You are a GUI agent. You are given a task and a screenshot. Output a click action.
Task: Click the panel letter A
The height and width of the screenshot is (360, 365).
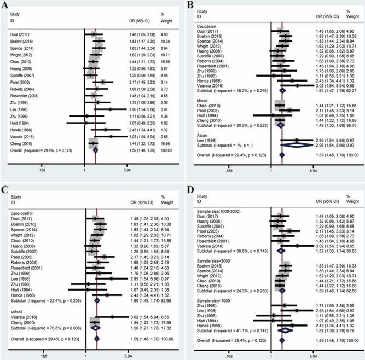pos(5,7)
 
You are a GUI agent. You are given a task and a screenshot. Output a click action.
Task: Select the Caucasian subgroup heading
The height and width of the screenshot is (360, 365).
pos(209,25)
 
